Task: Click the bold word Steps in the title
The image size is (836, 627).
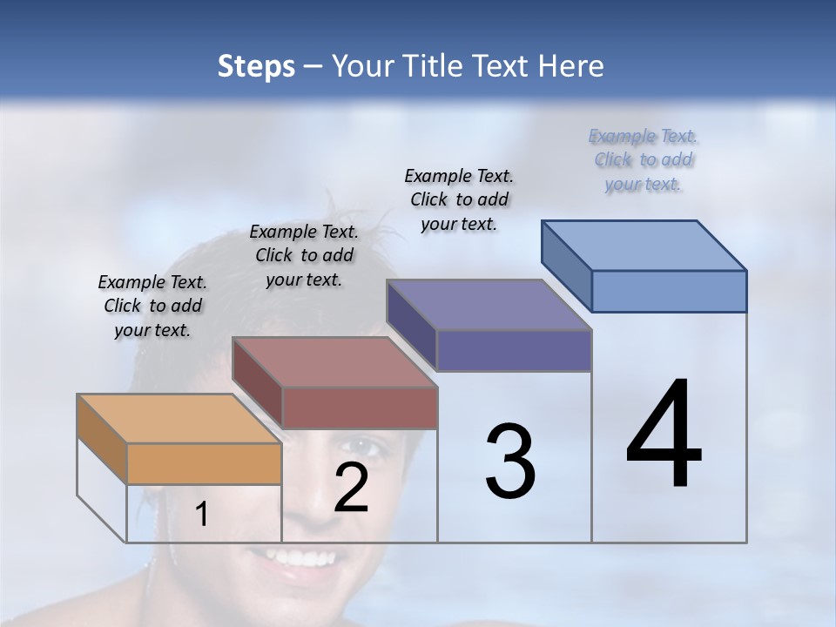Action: [x=256, y=67]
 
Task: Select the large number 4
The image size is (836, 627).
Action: [x=664, y=435]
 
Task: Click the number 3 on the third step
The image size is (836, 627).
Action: [x=510, y=462]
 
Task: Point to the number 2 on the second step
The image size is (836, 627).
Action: [x=351, y=488]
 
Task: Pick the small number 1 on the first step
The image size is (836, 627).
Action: [x=202, y=515]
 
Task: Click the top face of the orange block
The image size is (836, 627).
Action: [x=179, y=419]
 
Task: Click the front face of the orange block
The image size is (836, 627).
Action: [x=204, y=463]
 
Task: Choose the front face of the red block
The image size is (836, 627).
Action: [x=360, y=408]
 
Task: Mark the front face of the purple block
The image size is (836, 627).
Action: [x=514, y=350]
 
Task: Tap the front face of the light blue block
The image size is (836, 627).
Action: [x=669, y=291]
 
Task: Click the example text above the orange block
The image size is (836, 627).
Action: [x=152, y=306]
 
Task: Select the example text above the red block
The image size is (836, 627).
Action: [x=304, y=255]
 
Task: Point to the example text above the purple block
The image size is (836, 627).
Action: [x=459, y=199]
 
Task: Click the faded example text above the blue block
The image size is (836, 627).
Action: [x=644, y=159]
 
